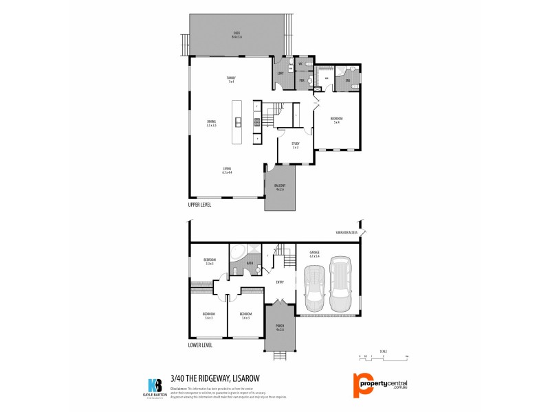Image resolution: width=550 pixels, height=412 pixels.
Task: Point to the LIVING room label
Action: pyautogui.click(x=226, y=170)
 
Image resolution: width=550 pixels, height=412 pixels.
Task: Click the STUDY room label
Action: pyautogui.click(x=295, y=144)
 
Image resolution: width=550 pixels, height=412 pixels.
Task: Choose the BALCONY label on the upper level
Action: pyautogui.click(x=280, y=186)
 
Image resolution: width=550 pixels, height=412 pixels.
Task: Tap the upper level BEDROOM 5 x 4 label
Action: pyautogui.click(x=337, y=120)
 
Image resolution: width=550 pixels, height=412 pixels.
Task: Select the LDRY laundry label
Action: pyautogui.click(x=280, y=73)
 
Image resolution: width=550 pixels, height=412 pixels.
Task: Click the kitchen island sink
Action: pyautogui.click(x=238, y=123)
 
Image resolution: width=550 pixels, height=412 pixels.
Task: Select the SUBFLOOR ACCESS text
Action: pyautogui.click(x=346, y=233)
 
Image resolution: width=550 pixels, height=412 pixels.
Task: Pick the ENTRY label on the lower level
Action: pyautogui.click(x=280, y=282)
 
